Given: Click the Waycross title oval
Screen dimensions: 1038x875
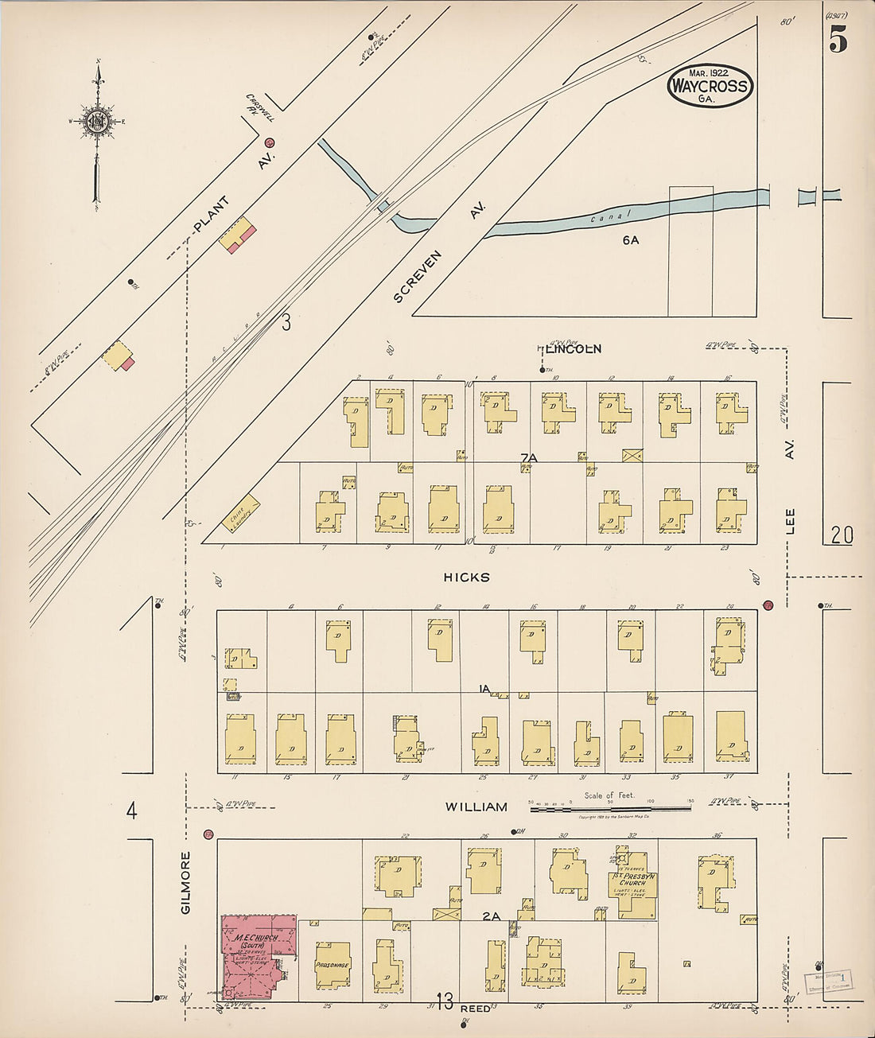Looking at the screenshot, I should coord(710,85).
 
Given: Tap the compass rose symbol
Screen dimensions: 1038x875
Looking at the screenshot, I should coord(97,121).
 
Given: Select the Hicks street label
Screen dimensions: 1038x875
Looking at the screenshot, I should coord(467,577).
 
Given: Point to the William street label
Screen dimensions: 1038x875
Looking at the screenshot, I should coord(476,807).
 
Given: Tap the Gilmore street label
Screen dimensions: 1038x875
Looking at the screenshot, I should coord(186,882).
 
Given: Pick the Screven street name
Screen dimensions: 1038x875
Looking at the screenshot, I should coord(418,277).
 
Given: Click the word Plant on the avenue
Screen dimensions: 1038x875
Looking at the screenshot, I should coord(212,216).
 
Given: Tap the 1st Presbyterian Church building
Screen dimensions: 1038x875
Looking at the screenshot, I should coord(634,884).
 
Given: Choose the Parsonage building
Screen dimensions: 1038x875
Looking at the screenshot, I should coord(332,965).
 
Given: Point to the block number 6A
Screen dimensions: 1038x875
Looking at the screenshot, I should coord(631,239).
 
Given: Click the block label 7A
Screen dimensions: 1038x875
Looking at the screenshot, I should coord(529,457).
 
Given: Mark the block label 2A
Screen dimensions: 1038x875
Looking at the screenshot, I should coord(491,916).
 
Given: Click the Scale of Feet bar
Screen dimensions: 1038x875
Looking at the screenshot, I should coord(610,809).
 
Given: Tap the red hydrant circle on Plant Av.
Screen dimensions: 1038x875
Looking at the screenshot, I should coord(270,143).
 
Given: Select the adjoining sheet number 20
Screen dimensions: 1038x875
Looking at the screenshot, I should coord(842,536).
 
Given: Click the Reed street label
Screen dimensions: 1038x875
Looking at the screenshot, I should coord(476,1008).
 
